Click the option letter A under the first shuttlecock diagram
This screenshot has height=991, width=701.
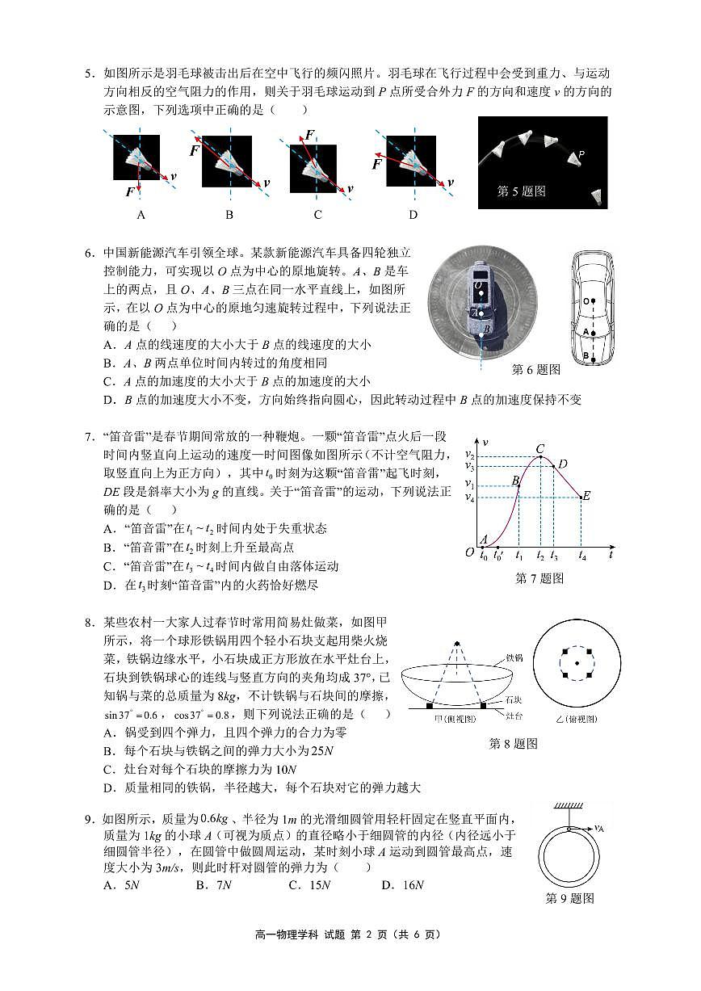point(141,215)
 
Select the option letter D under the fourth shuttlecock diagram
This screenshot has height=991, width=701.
point(413,215)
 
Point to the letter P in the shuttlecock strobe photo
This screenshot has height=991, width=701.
point(581,154)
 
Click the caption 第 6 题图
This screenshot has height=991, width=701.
point(536,369)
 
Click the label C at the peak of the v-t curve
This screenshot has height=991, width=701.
point(539,449)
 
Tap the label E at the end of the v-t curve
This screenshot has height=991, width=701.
point(586,496)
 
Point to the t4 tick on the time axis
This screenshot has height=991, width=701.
point(582,556)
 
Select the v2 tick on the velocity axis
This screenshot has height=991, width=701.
point(469,457)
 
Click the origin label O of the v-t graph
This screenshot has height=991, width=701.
point(469,553)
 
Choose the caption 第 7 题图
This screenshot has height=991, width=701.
point(539,578)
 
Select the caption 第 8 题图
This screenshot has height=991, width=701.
point(513,744)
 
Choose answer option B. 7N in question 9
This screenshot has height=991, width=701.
point(213,885)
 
